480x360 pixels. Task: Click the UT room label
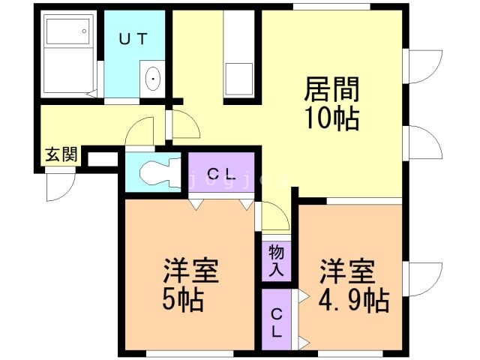(x=134, y=37)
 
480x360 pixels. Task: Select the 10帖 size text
(x=331, y=118)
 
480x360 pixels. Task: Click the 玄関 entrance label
(x=61, y=155)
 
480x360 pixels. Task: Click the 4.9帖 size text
(x=354, y=300)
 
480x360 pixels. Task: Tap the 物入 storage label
(x=275, y=260)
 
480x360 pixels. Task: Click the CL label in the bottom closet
(x=277, y=321)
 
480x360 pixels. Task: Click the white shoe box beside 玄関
(x=103, y=159)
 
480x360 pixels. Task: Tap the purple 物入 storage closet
(x=275, y=261)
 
